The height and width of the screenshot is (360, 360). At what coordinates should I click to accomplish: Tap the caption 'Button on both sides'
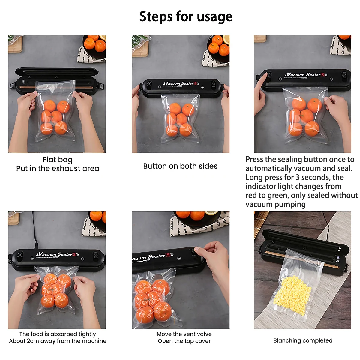click(180, 166)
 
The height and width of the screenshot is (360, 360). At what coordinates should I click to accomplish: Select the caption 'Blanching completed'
click(303, 341)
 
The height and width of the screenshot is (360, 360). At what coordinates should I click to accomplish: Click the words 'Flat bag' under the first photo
click(57, 160)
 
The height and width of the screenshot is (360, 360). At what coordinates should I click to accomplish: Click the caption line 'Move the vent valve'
click(184, 334)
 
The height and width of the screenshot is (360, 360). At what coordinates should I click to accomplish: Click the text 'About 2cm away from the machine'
click(58, 341)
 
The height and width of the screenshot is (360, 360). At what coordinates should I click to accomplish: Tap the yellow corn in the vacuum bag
click(292, 294)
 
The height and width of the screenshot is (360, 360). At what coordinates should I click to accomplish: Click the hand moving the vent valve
click(214, 258)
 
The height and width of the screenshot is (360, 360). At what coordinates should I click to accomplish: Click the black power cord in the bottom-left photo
click(34, 231)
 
